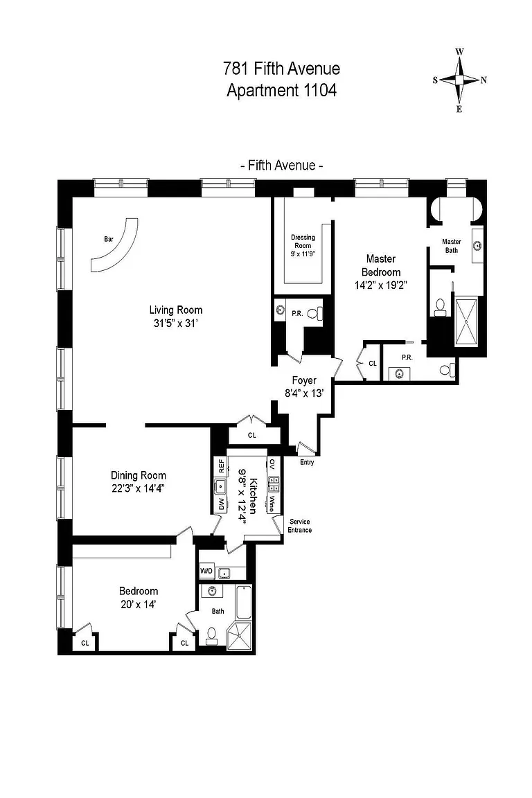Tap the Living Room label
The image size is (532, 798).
click(x=176, y=310)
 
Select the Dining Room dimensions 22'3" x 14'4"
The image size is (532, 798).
click(x=139, y=488)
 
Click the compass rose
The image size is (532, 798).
click(x=460, y=80)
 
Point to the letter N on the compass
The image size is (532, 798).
click(x=484, y=80)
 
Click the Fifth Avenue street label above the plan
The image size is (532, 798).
click(x=281, y=166)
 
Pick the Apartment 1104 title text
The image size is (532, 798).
click(x=281, y=91)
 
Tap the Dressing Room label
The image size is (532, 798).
click(x=303, y=241)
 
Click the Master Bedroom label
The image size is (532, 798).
click(x=381, y=265)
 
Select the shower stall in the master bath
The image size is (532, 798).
click(x=466, y=321)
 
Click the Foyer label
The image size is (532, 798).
click(x=304, y=380)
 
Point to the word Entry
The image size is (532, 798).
click(x=307, y=462)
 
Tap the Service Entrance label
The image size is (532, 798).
click(x=299, y=526)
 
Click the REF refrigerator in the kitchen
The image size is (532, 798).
click(x=221, y=466)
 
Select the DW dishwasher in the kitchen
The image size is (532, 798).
click(x=221, y=504)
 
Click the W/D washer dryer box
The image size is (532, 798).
click(x=206, y=571)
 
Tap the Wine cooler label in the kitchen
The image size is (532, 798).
click(x=272, y=504)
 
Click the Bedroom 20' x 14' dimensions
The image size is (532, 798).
click(x=139, y=604)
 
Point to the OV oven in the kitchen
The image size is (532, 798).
click(x=272, y=464)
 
